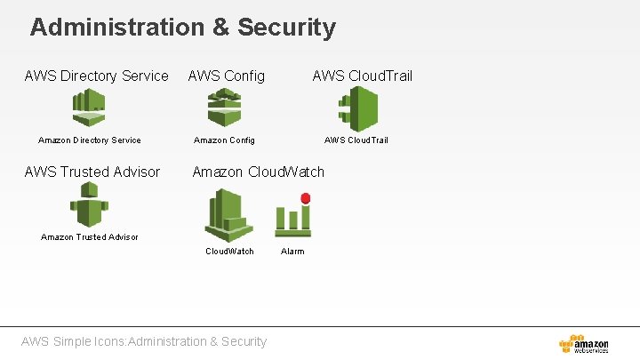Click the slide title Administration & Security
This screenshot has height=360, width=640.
click(183, 28)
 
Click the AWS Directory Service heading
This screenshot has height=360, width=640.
click(96, 76)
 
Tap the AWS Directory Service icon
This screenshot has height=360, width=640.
click(89, 108)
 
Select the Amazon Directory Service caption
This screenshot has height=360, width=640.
click(90, 140)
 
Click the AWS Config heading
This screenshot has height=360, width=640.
click(226, 76)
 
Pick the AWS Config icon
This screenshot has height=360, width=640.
click(224, 108)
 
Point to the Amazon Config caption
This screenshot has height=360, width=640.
click(224, 140)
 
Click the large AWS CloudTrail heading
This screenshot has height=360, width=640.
click(362, 76)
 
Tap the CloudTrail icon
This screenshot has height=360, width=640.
click(358, 109)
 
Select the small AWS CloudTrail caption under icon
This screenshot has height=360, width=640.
click(356, 140)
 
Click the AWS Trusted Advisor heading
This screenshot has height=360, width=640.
click(92, 172)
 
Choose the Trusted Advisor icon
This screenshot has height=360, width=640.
click(89, 204)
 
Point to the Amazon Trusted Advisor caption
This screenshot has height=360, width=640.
click(90, 236)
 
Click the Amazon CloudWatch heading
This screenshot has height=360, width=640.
click(259, 172)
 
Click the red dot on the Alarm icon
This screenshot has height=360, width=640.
click(305, 199)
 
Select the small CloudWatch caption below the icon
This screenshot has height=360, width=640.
click(229, 251)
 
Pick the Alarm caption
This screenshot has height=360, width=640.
click(292, 251)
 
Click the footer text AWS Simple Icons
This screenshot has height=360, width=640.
click(143, 341)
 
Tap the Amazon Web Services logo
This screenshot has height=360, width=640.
click(584, 344)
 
